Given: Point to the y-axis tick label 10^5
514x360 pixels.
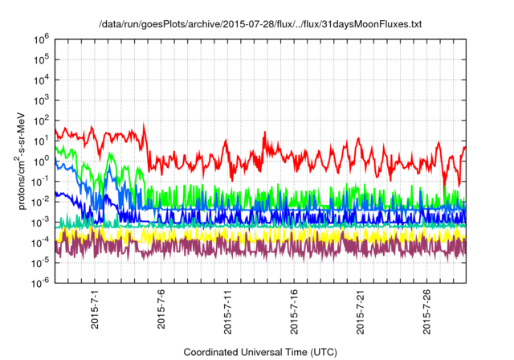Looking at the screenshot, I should click(x=41, y=59).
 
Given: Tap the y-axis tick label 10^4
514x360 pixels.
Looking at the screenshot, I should click(x=41, y=79).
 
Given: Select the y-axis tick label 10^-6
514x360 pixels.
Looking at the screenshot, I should click(x=40, y=282).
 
